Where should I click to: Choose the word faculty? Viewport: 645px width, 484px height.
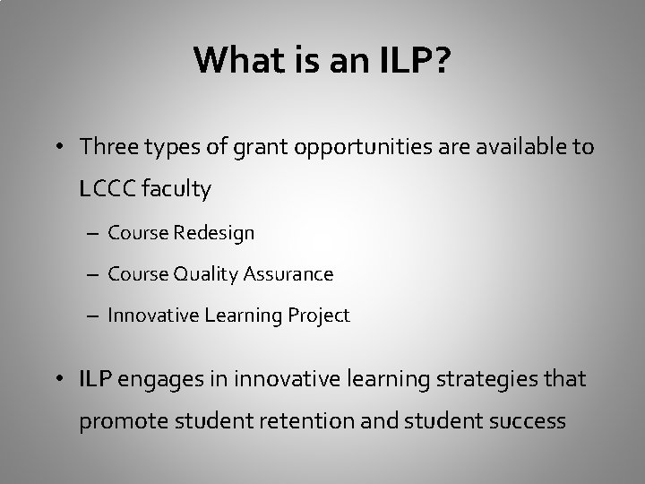[x=176, y=189]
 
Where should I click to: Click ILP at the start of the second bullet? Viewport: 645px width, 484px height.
[x=96, y=379]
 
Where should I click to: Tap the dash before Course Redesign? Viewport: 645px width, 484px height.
[x=94, y=234]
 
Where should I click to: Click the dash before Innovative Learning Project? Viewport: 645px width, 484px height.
[x=94, y=315]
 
